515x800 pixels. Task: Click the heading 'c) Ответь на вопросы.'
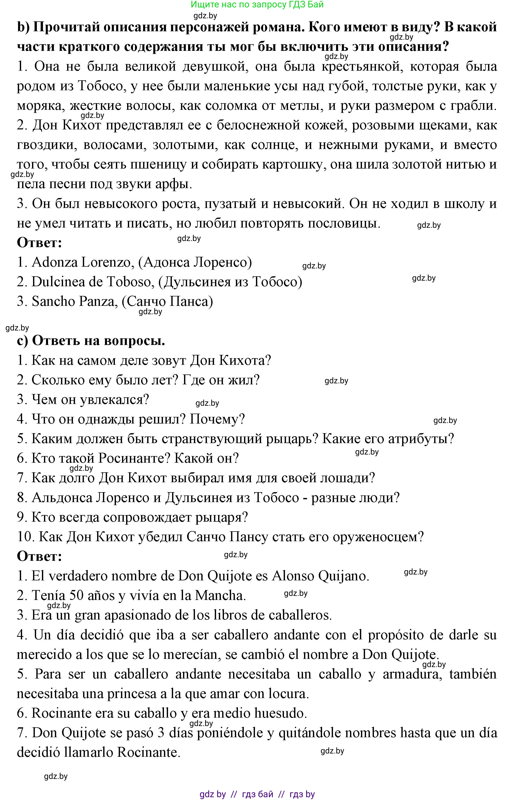point(91,341)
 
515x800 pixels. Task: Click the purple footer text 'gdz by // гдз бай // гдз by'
point(257,794)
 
